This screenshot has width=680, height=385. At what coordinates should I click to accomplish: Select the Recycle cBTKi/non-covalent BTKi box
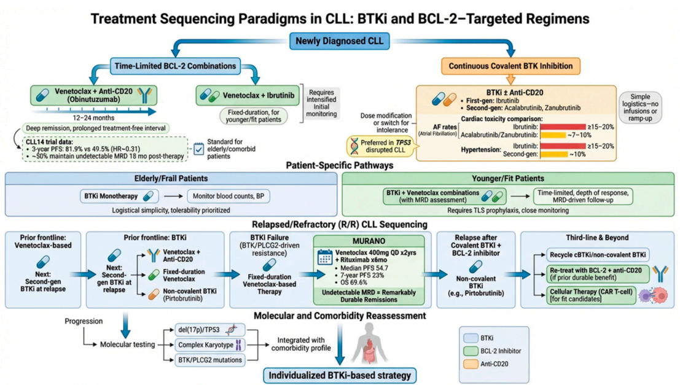[x=590, y=255]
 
